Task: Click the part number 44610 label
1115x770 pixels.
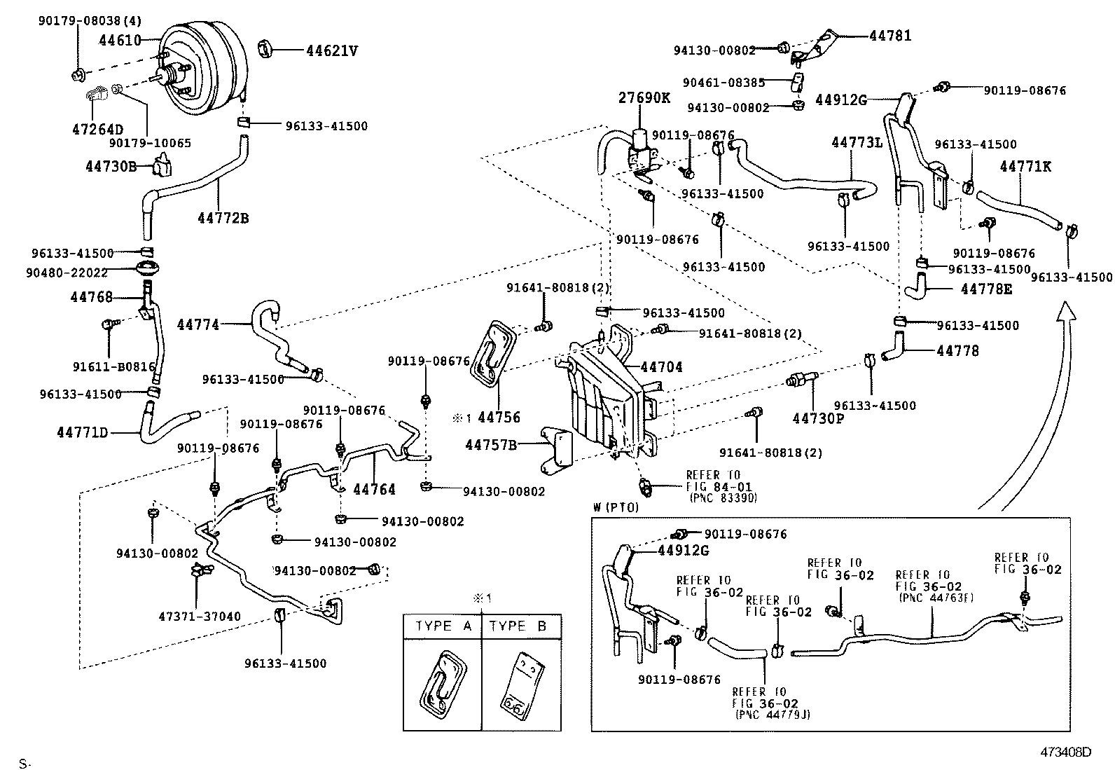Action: pos(120,41)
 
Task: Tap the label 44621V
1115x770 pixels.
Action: pos(331,50)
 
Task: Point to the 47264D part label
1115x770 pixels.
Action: pos(97,129)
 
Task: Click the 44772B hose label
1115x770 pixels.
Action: pos(223,218)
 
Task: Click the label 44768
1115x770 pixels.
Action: pos(91,297)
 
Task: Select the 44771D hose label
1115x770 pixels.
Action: pos(82,432)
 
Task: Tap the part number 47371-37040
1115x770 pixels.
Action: pos(200,617)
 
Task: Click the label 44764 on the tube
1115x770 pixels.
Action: pos(374,489)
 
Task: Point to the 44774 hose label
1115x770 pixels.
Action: pos(198,324)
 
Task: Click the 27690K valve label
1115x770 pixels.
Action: pos(644,98)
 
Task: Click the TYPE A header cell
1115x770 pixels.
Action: pos(443,626)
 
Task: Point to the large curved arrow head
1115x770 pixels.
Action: pos(1066,312)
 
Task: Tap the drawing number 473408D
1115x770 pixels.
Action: pos(1065,751)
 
